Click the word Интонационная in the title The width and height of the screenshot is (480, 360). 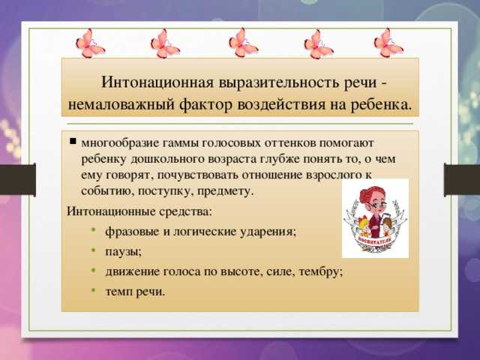point(157,82)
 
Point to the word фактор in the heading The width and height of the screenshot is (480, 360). point(205,105)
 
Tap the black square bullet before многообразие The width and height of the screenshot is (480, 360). point(73,141)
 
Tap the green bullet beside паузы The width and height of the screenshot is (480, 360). point(94,250)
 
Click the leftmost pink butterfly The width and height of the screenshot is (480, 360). point(90,43)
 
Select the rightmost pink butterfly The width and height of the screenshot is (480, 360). point(388,43)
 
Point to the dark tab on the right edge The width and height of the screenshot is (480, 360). point(462,180)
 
